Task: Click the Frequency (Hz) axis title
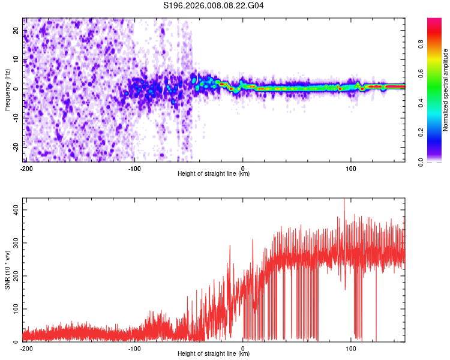click(7, 90)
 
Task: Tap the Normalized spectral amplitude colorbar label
click(446, 90)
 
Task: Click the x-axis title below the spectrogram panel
click(214, 174)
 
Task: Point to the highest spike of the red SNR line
click(344, 200)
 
